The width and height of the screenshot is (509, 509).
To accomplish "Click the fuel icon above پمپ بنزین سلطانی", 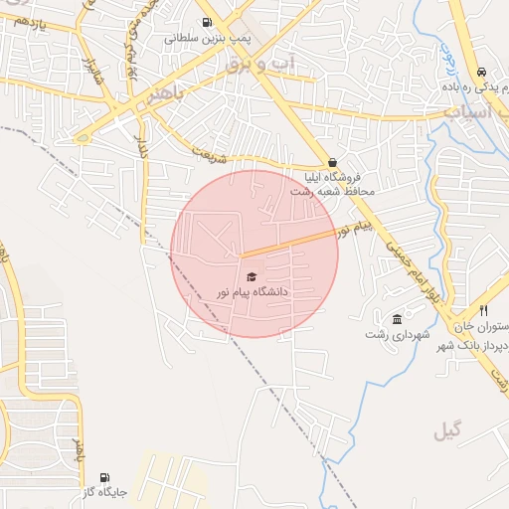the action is [207, 22].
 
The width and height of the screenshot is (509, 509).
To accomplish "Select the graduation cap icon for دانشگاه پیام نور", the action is [252, 276].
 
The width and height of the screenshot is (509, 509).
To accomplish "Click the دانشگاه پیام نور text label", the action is [253, 292].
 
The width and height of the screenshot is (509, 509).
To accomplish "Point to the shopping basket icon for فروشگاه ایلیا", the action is [332, 163].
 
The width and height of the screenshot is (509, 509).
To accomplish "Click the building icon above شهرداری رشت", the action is [398, 319].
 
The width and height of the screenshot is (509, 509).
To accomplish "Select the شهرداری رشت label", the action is [398, 335].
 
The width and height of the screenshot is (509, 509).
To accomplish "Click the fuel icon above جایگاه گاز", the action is [105, 478].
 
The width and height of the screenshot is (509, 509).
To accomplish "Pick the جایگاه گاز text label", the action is [104, 493].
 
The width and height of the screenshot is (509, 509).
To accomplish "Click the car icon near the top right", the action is [481, 73].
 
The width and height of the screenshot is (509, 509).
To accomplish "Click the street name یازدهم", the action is [30, 21].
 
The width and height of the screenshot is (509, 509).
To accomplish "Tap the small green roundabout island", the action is [83, 137].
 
